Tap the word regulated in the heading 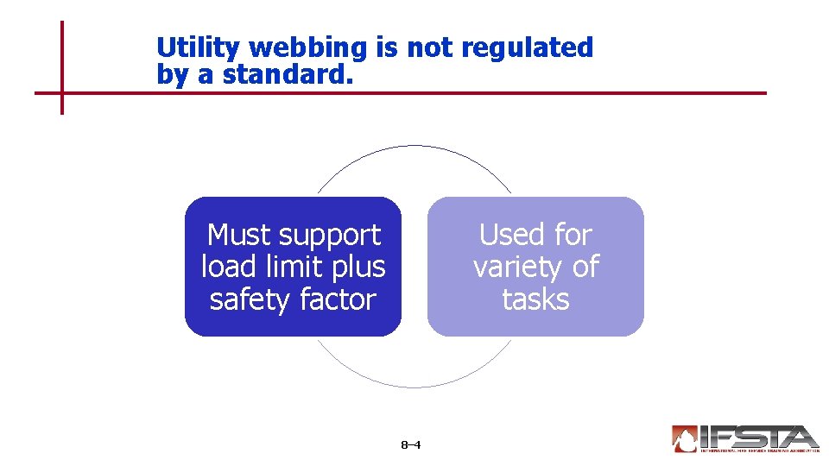click(527, 48)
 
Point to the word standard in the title click(287, 75)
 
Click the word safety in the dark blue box click(250, 300)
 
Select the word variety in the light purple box click(516, 268)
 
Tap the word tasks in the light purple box click(535, 300)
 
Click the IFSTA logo click(744, 438)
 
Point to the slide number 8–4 click(411, 445)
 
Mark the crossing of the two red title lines click(62, 92)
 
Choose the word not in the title click(430, 48)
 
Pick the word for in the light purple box click(573, 235)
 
